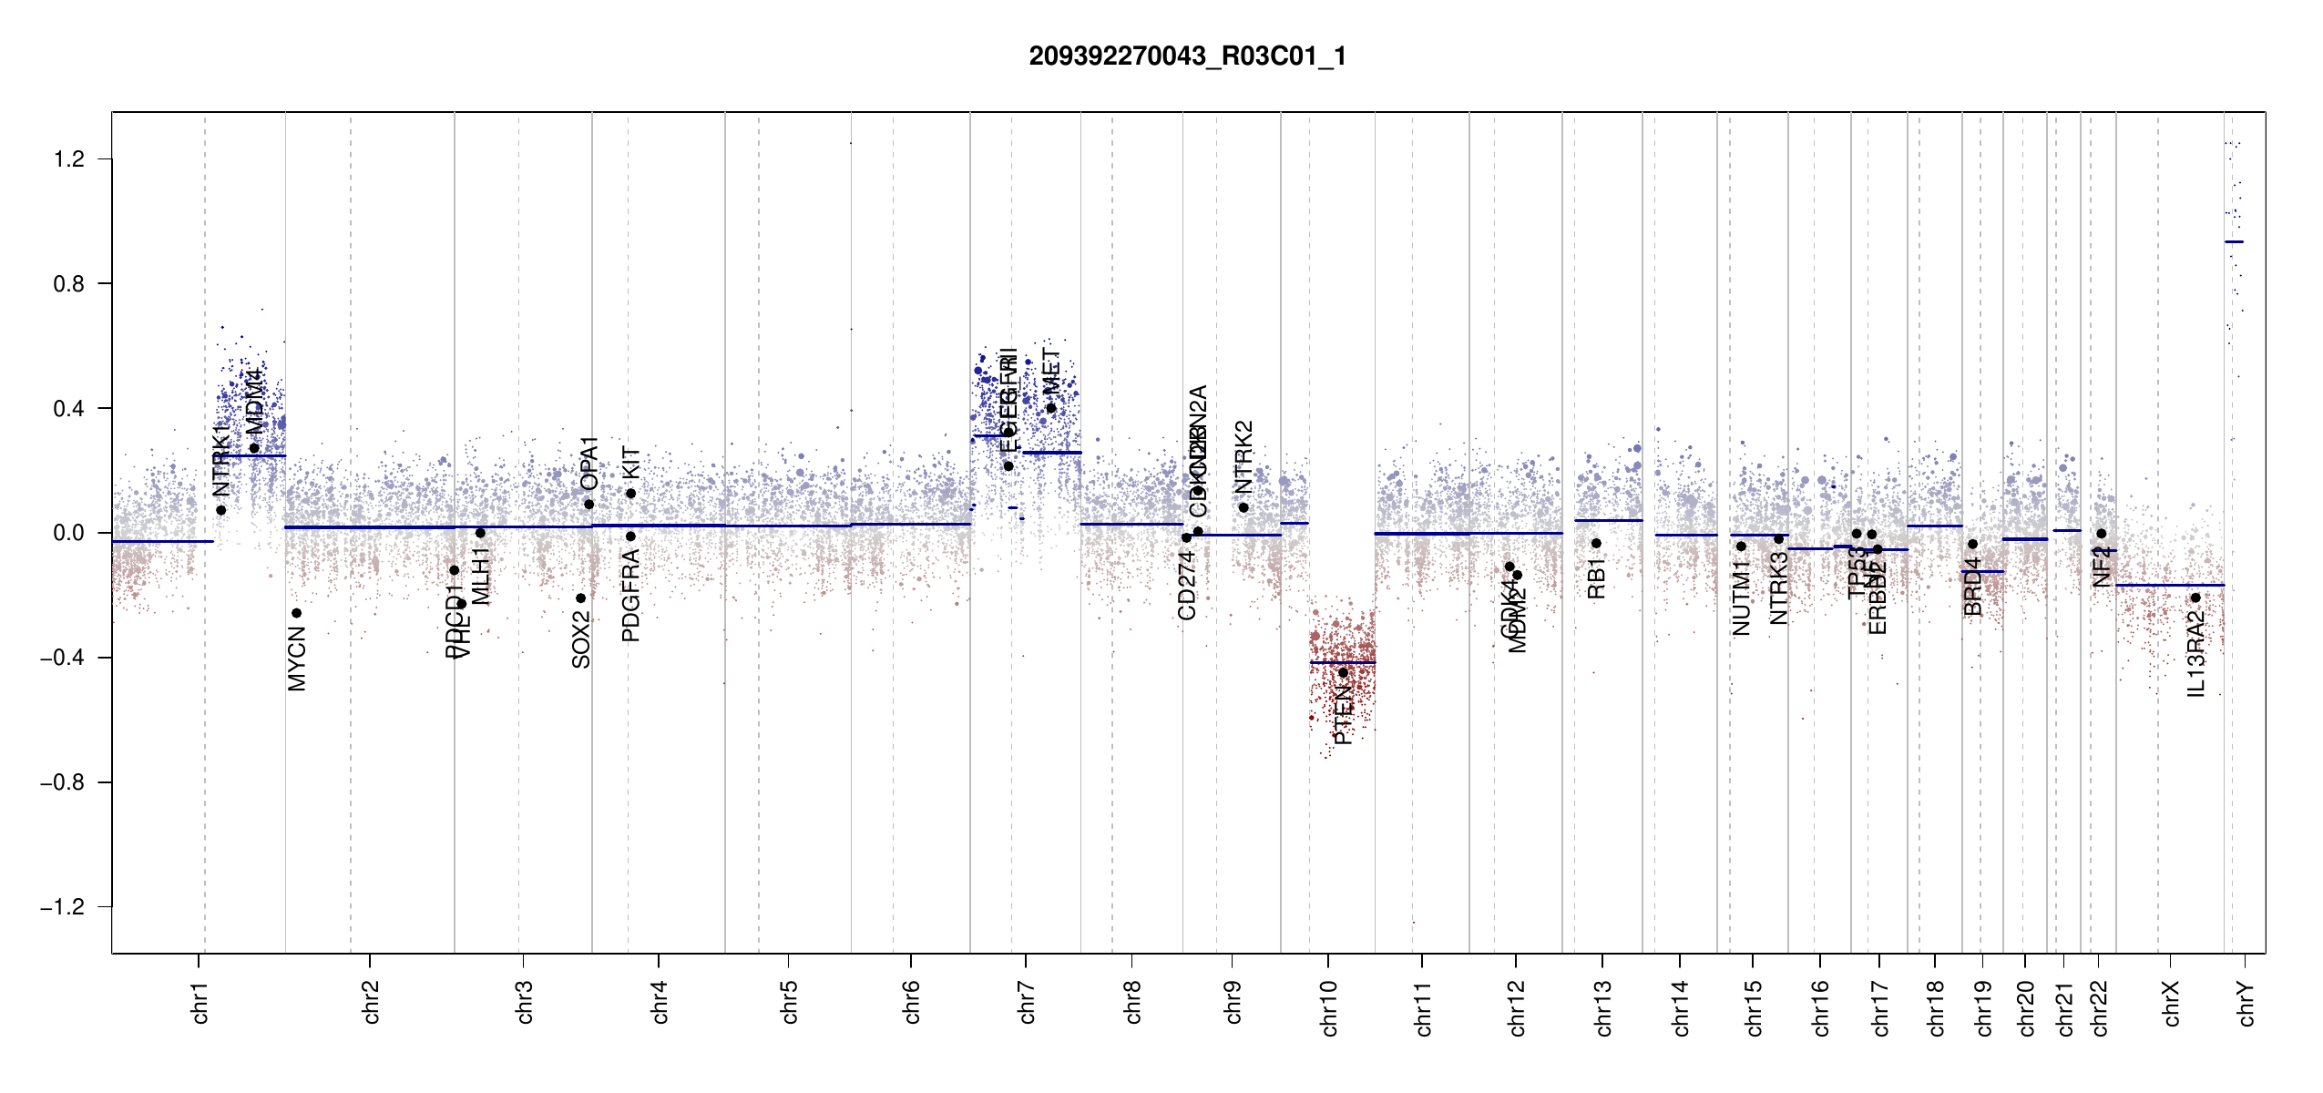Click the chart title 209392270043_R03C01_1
coord(1187,56)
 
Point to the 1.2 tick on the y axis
coord(68,159)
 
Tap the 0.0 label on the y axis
coord(68,533)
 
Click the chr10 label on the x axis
coord(1329,1008)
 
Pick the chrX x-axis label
coord(2171,1004)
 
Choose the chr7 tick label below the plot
coord(1027,1003)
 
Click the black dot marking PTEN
coord(1343,673)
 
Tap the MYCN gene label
coord(297,659)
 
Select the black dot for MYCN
coord(296,613)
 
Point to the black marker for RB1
coord(1596,544)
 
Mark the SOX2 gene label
coord(581,640)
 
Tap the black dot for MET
coord(1051,408)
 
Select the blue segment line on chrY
coord(2234,241)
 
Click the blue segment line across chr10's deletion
coord(1343,662)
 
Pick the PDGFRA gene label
coord(630,596)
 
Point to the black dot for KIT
coord(630,494)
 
